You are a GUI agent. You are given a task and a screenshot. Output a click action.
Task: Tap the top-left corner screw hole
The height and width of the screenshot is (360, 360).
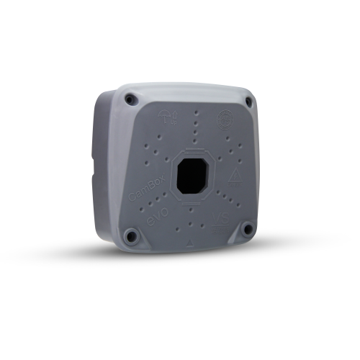pyautogui.click(x=130, y=102)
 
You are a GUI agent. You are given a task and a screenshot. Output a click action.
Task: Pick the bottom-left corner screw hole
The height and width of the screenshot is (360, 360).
pyautogui.click(x=130, y=235)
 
